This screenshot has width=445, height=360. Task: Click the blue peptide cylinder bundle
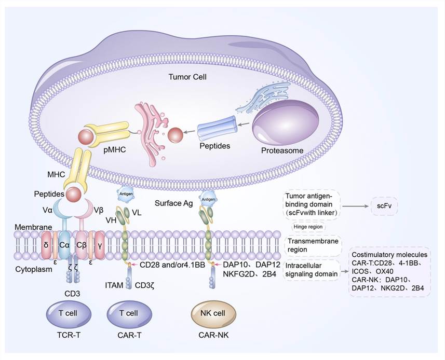[x=217, y=130]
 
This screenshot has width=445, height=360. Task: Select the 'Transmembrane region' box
[x=312, y=245]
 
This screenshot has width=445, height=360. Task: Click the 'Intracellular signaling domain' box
[x=311, y=270]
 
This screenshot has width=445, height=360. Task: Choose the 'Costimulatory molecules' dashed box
[x=390, y=271]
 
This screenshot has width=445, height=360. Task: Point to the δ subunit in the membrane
[x=46, y=244]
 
